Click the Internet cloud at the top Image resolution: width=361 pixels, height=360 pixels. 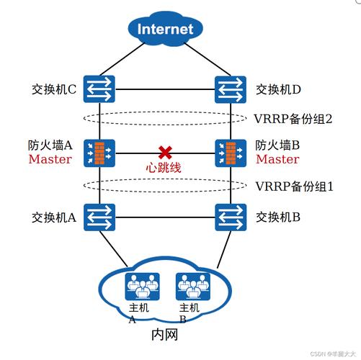click(x=165, y=29)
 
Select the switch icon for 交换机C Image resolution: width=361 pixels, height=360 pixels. click(x=96, y=89)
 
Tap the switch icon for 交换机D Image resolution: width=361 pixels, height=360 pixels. click(x=229, y=89)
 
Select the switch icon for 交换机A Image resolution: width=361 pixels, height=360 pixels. click(x=96, y=215)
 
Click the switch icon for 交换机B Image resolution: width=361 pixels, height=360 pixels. click(x=229, y=215)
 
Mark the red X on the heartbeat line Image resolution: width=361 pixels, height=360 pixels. click(x=165, y=152)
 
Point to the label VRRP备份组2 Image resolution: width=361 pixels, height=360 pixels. click(x=293, y=118)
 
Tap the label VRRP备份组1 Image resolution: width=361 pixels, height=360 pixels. click(x=293, y=186)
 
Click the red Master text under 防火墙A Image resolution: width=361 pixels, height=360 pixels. click(x=50, y=159)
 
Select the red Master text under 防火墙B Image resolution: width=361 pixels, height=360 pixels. click(x=277, y=159)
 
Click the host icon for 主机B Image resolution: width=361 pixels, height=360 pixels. click(x=189, y=286)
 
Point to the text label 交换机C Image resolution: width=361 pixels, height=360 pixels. click(x=54, y=90)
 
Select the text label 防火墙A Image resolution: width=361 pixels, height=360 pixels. click(x=50, y=145)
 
